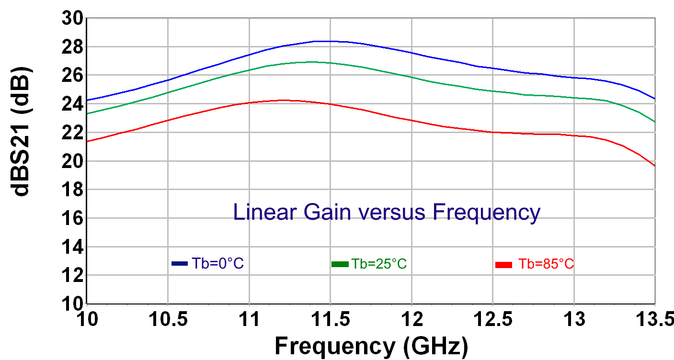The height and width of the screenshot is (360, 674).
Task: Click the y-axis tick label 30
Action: (x=72, y=19)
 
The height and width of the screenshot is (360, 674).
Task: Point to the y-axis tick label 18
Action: (x=72, y=190)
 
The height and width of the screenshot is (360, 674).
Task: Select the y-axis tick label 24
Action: (x=72, y=104)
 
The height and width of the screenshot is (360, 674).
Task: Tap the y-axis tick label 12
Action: (x=72, y=275)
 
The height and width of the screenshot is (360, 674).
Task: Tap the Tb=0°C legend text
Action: (x=218, y=263)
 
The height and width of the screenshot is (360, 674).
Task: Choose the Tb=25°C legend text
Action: (x=379, y=264)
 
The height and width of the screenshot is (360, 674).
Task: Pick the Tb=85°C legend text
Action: (x=546, y=264)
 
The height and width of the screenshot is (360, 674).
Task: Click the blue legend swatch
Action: (x=179, y=263)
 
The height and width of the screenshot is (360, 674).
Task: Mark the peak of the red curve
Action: (x=283, y=100)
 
